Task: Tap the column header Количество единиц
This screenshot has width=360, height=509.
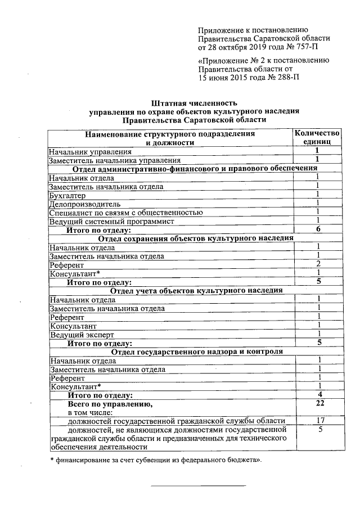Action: pyautogui.click(x=318, y=138)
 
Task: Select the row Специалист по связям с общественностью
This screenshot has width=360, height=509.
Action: pyautogui.click(x=125, y=212)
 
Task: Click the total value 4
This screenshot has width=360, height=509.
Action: pyautogui.click(x=319, y=395)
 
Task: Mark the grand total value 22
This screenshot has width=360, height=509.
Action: pyautogui.click(x=319, y=404)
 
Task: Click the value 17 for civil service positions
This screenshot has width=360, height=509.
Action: pyautogui.click(x=319, y=421)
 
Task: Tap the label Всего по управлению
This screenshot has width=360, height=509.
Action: pyautogui.click(x=109, y=404)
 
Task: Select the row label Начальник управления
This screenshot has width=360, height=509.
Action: pyautogui.click(x=90, y=151)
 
